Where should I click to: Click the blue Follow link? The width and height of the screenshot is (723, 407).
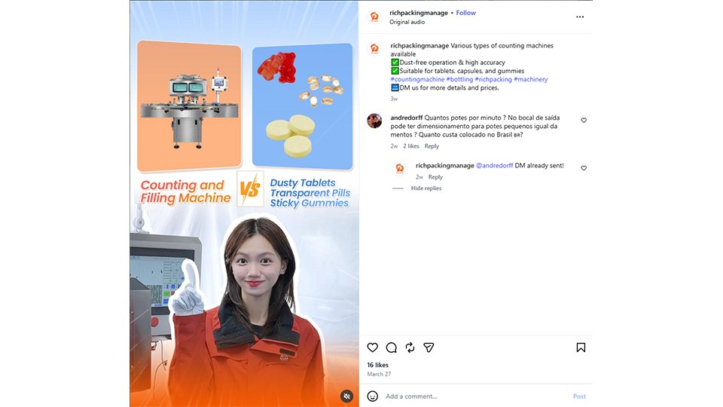(x=465, y=13)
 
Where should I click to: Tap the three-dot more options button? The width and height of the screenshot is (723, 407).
(x=580, y=17)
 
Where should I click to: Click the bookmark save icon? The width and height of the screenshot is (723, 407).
(x=581, y=347)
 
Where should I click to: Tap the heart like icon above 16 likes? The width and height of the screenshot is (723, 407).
(x=373, y=347)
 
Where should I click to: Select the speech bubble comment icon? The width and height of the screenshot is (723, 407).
(x=392, y=347)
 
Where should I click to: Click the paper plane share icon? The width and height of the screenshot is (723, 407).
(x=429, y=347)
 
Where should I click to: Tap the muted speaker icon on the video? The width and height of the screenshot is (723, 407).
(x=346, y=396)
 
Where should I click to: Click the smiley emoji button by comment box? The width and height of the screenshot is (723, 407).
(x=373, y=396)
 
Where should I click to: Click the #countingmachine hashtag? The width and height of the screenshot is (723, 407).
(x=417, y=79)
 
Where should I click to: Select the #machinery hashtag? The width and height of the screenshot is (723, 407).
(x=531, y=79)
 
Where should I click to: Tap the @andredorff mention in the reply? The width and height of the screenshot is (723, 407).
(x=494, y=166)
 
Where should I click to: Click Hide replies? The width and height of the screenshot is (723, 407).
(x=426, y=188)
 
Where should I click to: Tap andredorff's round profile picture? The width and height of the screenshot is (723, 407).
(x=374, y=121)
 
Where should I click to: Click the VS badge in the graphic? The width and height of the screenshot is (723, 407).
(x=250, y=189)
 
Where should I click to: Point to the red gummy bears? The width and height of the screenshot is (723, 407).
(x=277, y=67)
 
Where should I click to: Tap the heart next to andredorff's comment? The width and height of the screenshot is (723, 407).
(x=584, y=121)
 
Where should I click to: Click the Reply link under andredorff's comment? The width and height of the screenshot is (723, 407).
(x=432, y=146)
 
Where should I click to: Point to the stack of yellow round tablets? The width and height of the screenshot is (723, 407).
(x=291, y=136)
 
